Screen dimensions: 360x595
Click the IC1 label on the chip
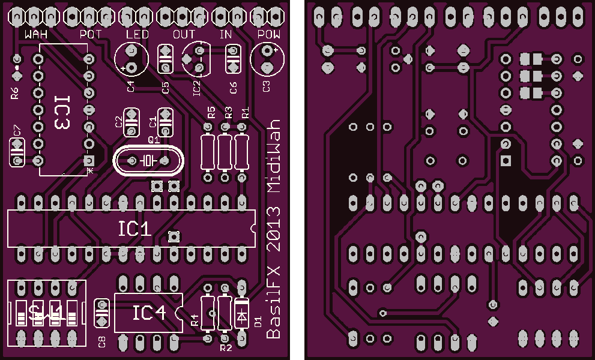point(134,229)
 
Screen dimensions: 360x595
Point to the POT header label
point(91,34)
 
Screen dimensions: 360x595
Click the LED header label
point(137,34)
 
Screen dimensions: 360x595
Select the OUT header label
point(184,34)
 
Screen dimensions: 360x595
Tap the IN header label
point(226,34)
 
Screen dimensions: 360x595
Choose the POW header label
point(268,34)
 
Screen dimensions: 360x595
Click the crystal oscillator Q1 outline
point(147,161)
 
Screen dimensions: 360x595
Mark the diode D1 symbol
point(242,314)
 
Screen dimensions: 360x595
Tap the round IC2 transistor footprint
point(196,58)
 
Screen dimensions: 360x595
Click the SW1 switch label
point(46,313)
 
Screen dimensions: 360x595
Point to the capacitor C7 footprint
point(17,152)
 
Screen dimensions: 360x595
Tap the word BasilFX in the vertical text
point(274,305)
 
